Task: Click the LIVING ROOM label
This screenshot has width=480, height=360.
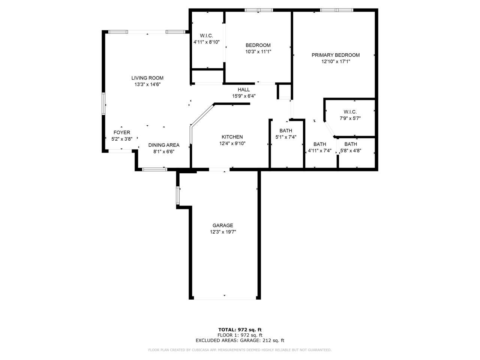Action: point(147,78)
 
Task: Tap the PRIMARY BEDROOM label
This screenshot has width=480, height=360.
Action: point(335,55)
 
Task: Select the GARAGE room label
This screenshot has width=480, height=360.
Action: point(223,225)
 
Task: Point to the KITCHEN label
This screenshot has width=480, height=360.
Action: point(232,137)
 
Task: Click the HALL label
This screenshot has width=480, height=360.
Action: point(244,90)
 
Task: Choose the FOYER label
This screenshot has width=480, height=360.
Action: point(122,132)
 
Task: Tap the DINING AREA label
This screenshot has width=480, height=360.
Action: point(164,145)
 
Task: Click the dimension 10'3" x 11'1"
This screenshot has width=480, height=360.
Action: point(258,52)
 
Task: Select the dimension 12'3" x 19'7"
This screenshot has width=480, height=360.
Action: point(223,232)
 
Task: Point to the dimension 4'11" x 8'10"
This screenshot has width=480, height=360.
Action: point(206,42)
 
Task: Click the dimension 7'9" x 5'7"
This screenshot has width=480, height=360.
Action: point(350,118)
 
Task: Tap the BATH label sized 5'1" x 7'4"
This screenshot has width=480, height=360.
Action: point(286,130)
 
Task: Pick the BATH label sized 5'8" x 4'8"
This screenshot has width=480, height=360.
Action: point(351,144)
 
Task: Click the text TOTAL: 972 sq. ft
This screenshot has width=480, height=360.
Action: point(240,330)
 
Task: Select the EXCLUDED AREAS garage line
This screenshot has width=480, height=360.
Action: point(240,340)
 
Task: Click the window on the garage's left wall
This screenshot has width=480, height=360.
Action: point(178,195)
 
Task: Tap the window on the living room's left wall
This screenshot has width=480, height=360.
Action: point(103,103)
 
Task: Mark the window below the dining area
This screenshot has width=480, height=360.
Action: point(154,169)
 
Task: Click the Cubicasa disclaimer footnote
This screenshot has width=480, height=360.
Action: point(240,350)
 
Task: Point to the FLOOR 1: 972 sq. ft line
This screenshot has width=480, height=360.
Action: point(240,335)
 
